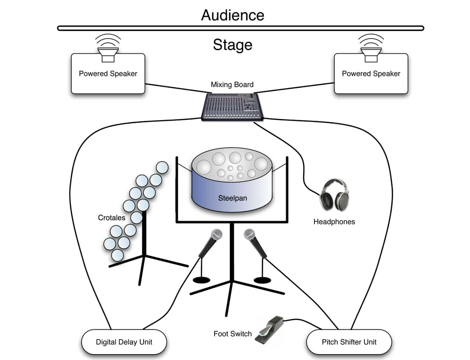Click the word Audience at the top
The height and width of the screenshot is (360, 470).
[x=233, y=15]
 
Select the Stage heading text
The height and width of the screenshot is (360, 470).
[x=233, y=45]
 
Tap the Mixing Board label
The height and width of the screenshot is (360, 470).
[x=232, y=85]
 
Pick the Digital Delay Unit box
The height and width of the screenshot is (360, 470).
[x=124, y=342]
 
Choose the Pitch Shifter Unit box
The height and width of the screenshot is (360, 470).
[x=349, y=342]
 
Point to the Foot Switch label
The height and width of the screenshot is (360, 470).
[x=233, y=334]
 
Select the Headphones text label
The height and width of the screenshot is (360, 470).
[x=334, y=222]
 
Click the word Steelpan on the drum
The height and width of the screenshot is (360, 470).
[x=233, y=198]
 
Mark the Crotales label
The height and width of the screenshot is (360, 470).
[x=111, y=217]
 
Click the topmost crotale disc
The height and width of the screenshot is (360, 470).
[x=162, y=167]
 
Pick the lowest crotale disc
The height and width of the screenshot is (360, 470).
[x=117, y=255]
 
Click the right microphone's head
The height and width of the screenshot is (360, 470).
[x=249, y=235]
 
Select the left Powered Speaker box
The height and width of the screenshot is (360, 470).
[x=108, y=74]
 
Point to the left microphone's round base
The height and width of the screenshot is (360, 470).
[x=202, y=280]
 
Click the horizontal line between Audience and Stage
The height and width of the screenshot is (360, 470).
[x=240, y=28]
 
